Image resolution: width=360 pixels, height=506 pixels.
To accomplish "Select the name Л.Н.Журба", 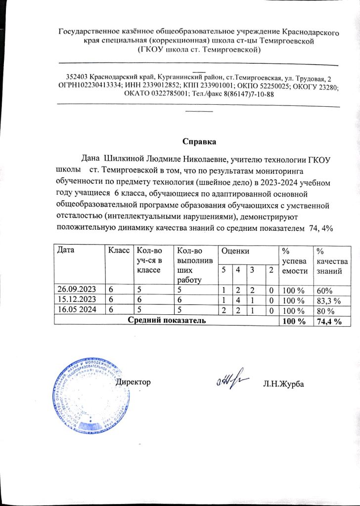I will click(283, 384).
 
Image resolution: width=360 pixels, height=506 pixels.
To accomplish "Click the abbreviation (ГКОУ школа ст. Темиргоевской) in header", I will click(198, 50).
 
